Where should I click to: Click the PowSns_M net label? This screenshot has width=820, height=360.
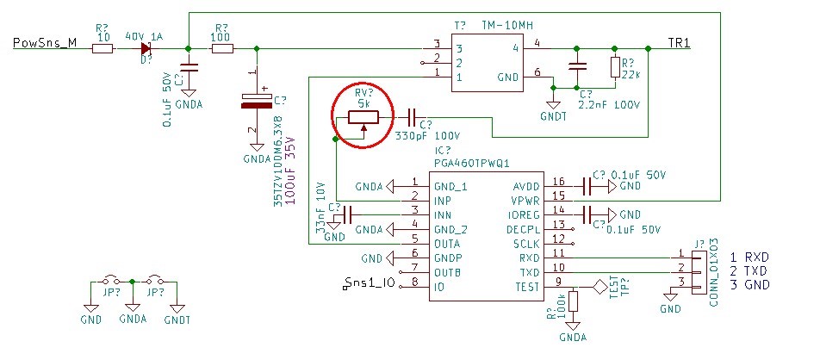pyautogui.click(x=45, y=42)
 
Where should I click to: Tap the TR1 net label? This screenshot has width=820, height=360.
pyautogui.click(x=679, y=42)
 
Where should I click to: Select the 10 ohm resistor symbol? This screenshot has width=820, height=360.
pyautogui.click(x=102, y=49)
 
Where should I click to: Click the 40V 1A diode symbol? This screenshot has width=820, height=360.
pyautogui.click(x=146, y=49)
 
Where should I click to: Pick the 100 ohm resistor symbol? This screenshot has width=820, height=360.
pyautogui.click(x=221, y=49)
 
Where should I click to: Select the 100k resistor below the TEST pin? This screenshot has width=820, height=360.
pyautogui.click(x=574, y=302)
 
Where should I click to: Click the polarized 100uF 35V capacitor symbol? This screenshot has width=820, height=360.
pyautogui.click(x=257, y=101)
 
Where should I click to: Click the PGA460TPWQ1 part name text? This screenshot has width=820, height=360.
pyautogui.click(x=472, y=164)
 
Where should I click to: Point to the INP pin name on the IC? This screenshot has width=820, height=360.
pyautogui.click(x=443, y=201)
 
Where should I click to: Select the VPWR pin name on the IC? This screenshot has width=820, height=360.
pyautogui.click(x=524, y=201)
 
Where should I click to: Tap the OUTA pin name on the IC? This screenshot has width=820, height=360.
pyautogui.click(x=447, y=244)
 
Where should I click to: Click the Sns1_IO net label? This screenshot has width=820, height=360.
pyautogui.click(x=370, y=283)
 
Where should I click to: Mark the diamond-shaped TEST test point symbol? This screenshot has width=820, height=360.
pyautogui.click(x=599, y=287)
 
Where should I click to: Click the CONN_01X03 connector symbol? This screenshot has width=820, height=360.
pyautogui.click(x=698, y=271)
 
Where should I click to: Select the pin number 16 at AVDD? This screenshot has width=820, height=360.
pyautogui.click(x=558, y=181)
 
